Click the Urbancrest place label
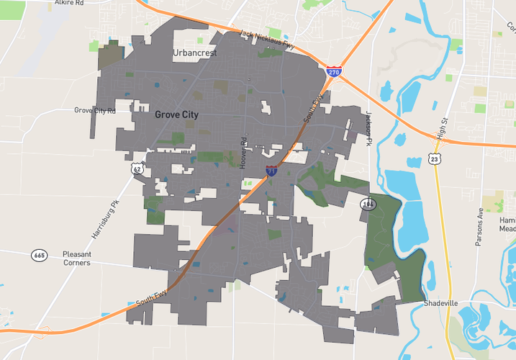194,53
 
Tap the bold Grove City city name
176,114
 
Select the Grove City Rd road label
95,110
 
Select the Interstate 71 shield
271,171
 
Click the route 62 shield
137,168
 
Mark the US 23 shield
433,158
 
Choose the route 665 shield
39,255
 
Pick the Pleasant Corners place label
76,258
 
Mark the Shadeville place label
441,303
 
